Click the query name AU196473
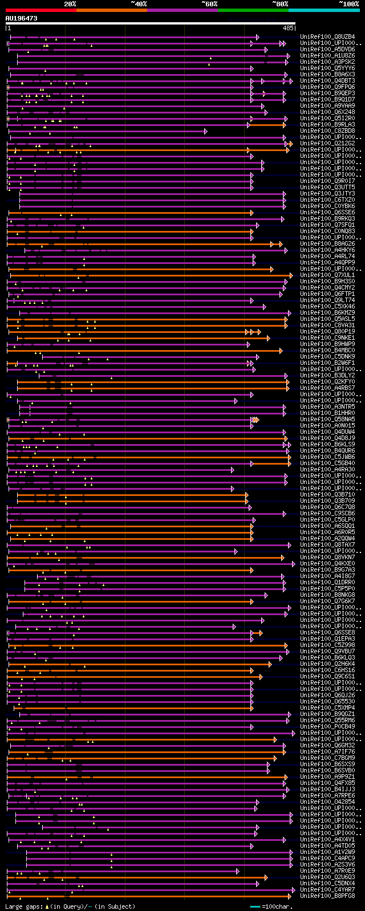(x=22, y=18)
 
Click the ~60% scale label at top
(x=209, y=4)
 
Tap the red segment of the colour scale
(x=40, y=10)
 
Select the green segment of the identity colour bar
(x=253, y=10)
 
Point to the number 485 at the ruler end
(x=288, y=28)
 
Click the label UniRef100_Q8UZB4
(x=327, y=37)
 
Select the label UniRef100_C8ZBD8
(x=327, y=131)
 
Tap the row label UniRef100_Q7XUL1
(x=327, y=275)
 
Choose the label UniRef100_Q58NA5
(x=327, y=420)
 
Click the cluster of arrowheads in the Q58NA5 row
(x=255, y=420)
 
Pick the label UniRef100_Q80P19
(x=327, y=332)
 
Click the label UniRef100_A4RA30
(x=327, y=470)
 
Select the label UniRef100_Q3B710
(x=327, y=495)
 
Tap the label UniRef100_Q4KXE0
(x=327, y=564)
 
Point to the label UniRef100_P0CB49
(x=327, y=727)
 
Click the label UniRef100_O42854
(x=327, y=802)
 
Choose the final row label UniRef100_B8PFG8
(x=327, y=896)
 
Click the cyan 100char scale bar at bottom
(x=255, y=906)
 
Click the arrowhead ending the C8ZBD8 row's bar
(x=205, y=131)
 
